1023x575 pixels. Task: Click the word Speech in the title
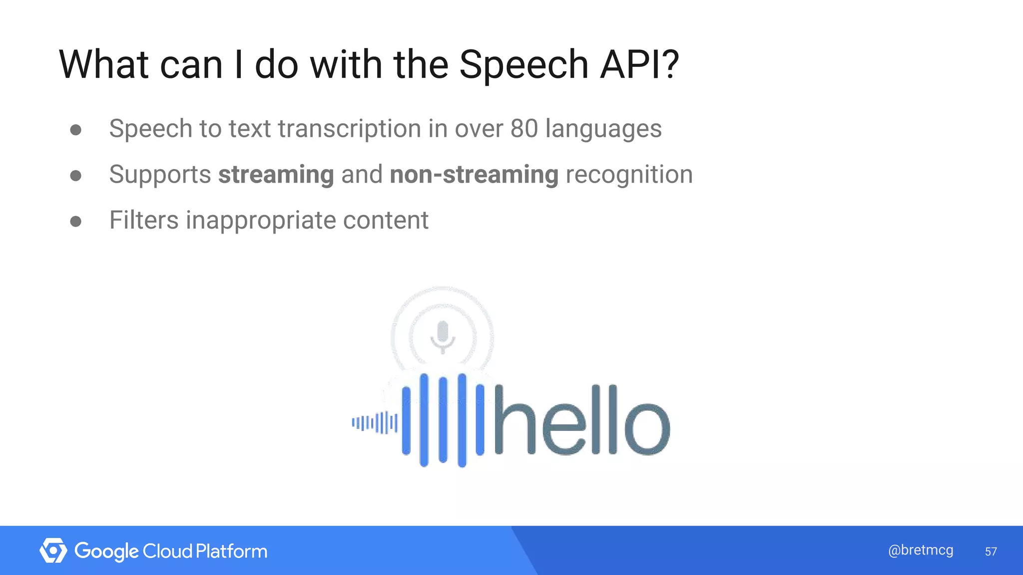click(523, 65)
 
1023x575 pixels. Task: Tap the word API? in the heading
click(639, 65)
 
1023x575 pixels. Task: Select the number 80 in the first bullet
click(523, 129)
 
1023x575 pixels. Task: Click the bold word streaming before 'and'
click(276, 175)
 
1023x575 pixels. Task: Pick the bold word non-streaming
click(474, 175)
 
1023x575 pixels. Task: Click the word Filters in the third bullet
click(144, 220)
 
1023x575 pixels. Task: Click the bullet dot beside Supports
click(76, 176)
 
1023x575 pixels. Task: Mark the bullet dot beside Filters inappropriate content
click(76, 221)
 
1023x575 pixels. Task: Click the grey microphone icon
click(443, 336)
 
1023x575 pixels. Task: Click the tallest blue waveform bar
click(462, 420)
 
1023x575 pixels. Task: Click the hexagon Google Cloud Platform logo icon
click(53, 551)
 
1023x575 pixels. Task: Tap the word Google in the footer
click(106, 552)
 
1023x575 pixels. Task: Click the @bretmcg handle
click(921, 550)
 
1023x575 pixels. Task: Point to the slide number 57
click(991, 552)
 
